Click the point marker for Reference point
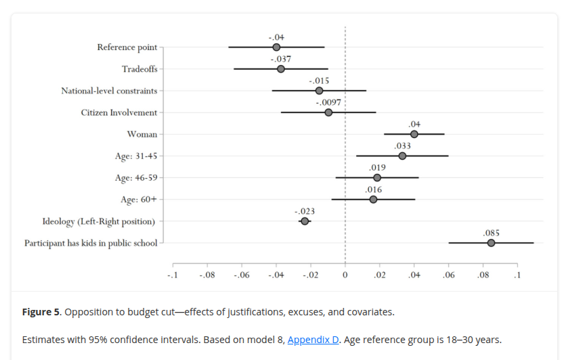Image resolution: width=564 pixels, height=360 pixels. [276, 47]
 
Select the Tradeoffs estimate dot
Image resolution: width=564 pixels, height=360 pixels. [281, 69]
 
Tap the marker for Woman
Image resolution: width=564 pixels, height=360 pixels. [414, 134]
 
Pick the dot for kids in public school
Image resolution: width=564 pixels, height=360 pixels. [491, 243]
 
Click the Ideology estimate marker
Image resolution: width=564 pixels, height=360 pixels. [305, 221]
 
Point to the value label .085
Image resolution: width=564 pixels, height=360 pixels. [491, 233]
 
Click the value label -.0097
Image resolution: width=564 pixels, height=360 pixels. [328, 102]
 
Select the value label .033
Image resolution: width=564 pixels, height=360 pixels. [402, 145]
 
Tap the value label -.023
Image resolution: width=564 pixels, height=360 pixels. [305, 211]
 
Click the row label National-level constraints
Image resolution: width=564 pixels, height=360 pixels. [109, 91]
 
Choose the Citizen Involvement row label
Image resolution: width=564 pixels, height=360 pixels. [118, 112]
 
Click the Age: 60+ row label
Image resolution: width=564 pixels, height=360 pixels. [139, 200]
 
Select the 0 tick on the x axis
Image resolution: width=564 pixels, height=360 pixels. [345, 275]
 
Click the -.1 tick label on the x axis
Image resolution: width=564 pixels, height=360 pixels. [172, 275]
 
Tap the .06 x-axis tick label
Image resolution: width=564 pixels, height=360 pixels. [448, 275]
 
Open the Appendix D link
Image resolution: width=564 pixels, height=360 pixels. [313, 340]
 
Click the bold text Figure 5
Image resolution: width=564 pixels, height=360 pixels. [41, 312]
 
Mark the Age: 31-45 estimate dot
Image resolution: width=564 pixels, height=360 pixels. [402, 156]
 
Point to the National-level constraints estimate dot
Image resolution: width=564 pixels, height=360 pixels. [319, 91]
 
